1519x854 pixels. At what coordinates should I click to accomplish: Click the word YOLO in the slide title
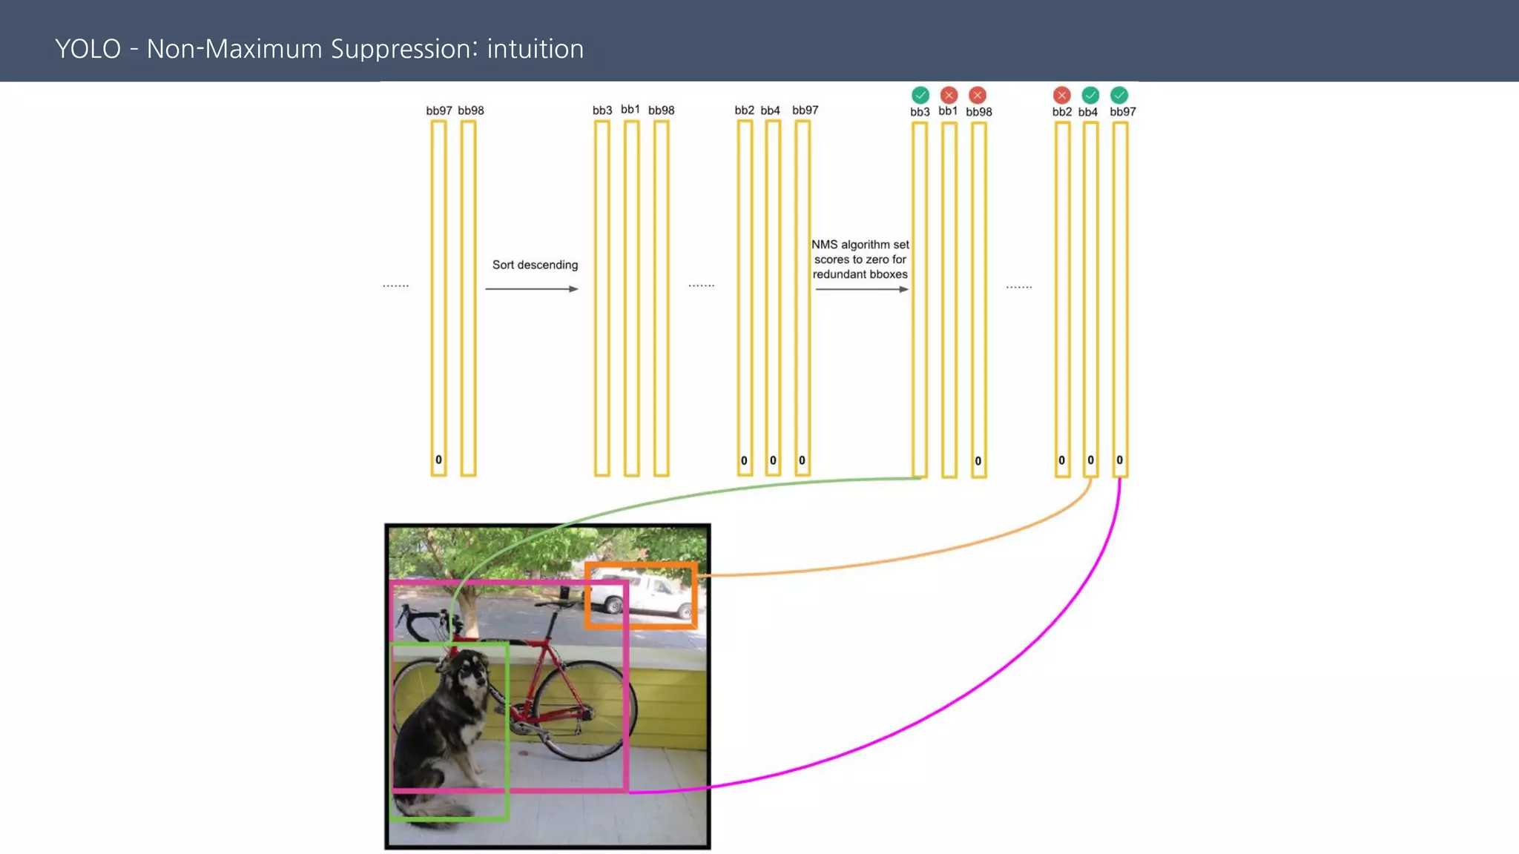coord(88,49)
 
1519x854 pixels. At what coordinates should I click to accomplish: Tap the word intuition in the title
coord(535,49)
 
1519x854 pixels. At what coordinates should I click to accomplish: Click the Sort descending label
coord(535,265)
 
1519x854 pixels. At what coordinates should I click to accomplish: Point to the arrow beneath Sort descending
coord(531,289)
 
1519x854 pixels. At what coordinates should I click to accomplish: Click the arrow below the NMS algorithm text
coord(861,289)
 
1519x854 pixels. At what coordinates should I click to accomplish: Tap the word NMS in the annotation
coord(824,245)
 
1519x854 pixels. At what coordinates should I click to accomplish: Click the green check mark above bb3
coord(920,95)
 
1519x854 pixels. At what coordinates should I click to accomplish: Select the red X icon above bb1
coord(949,95)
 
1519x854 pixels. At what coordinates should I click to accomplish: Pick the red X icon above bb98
coord(978,95)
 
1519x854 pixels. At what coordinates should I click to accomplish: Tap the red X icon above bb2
coord(1062,95)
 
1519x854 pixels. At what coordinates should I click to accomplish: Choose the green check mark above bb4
coord(1090,95)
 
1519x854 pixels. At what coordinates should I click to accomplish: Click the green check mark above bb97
coord(1119,95)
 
